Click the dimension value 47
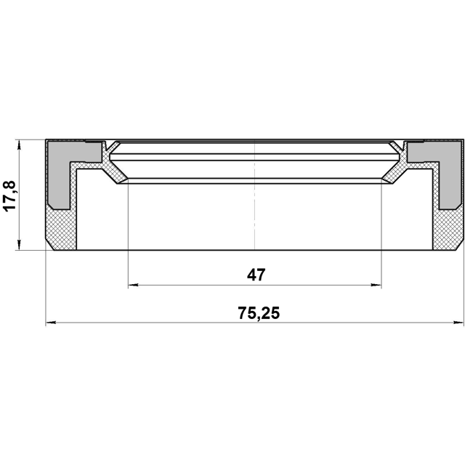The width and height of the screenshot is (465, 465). (256, 275)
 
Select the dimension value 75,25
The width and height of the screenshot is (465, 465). (259, 313)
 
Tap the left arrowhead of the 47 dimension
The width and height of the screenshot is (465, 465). (133, 285)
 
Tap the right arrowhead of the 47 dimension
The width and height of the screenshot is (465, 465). (376, 285)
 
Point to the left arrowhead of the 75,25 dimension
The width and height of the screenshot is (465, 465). (51, 323)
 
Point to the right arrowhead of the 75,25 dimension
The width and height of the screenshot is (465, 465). (458, 323)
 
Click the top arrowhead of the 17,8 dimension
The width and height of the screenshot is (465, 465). (20, 145)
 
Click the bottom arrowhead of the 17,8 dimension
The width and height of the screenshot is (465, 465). (20, 245)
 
